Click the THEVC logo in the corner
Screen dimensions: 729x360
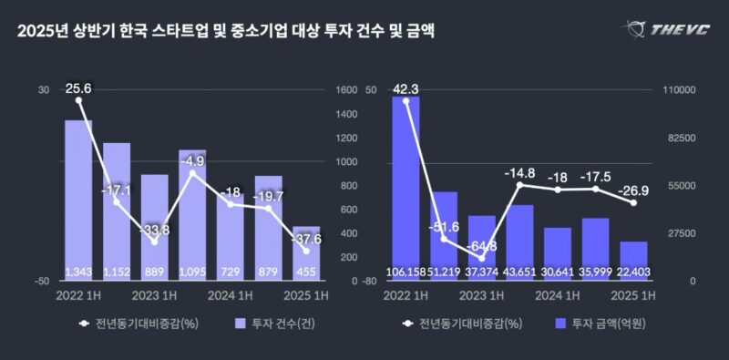[x=665, y=30]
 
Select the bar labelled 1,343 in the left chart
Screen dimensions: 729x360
[x=78, y=201]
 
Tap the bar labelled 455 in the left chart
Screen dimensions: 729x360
[x=306, y=253]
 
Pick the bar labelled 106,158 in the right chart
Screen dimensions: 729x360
[x=406, y=189]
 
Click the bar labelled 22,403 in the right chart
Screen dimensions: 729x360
[x=633, y=261]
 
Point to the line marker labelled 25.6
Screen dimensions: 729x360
[x=78, y=100]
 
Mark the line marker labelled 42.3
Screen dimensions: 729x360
[x=406, y=101]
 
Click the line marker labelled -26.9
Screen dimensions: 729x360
[x=633, y=203]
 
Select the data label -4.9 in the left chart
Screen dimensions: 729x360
[x=192, y=162]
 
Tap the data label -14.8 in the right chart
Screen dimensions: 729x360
[x=520, y=173]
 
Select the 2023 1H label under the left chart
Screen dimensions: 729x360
[x=155, y=296]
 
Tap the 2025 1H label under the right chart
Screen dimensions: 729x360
[x=633, y=296]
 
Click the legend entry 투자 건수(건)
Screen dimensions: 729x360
[x=275, y=324]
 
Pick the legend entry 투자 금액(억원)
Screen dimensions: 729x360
[x=601, y=324]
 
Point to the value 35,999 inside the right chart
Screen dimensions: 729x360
[x=596, y=273]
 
